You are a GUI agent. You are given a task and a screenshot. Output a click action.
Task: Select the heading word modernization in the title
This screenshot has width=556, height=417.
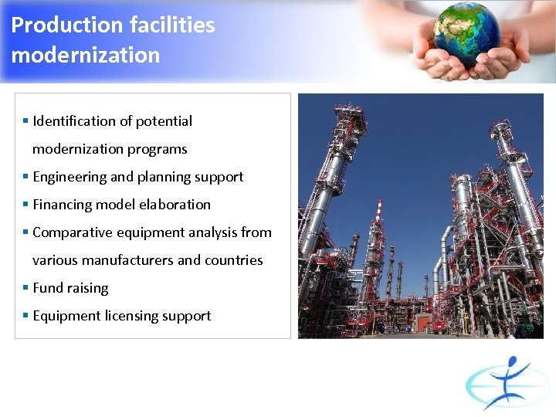[x=86, y=56]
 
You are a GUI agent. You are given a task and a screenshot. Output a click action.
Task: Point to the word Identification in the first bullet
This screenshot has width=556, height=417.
[x=73, y=121]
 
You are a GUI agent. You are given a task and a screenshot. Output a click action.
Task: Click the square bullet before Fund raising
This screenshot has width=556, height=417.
[x=25, y=287]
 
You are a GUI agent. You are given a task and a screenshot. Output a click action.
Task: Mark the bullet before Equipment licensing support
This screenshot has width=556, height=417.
[x=25, y=315]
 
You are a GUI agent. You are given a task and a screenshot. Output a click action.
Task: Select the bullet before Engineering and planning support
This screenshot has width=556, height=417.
[x=25, y=176]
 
